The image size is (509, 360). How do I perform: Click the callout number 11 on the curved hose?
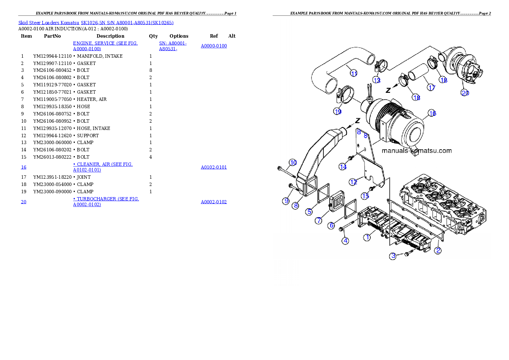pos(354,74)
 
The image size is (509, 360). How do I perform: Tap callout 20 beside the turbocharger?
pos(465,92)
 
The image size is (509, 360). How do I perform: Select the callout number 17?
pos(431,88)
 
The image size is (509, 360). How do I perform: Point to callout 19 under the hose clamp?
pos(337,111)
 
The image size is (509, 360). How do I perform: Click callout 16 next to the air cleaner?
pos(432,113)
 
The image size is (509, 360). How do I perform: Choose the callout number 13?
pos(376,80)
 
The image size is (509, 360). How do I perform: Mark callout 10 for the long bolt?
pos(293,162)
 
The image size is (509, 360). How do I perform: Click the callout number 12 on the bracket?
pos(353,182)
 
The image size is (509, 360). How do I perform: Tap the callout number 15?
pos(365,196)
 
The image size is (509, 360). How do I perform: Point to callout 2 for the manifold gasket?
pos(438,251)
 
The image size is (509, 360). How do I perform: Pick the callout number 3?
pos(393,256)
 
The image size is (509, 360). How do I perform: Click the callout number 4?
pos(345,241)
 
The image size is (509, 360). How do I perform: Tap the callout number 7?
pos(319,221)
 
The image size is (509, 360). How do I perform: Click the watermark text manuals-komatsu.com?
pos(416,150)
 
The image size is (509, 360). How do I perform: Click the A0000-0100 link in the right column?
pos(214,46)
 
